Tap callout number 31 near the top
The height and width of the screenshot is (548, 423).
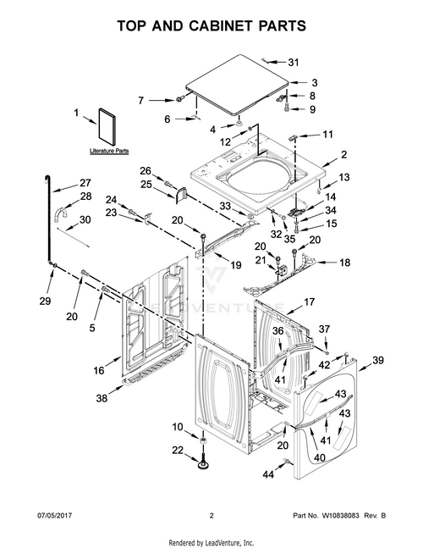point(294,62)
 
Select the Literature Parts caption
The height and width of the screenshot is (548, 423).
point(109,151)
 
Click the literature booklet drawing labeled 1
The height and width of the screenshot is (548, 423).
point(107,126)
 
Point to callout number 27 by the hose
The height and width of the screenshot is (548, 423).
point(85,183)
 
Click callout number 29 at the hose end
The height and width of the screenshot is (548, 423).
point(45,301)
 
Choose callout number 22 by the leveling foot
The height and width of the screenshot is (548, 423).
point(178,450)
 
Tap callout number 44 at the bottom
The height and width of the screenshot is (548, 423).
point(268,474)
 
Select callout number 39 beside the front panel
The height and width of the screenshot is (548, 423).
point(378,360)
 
